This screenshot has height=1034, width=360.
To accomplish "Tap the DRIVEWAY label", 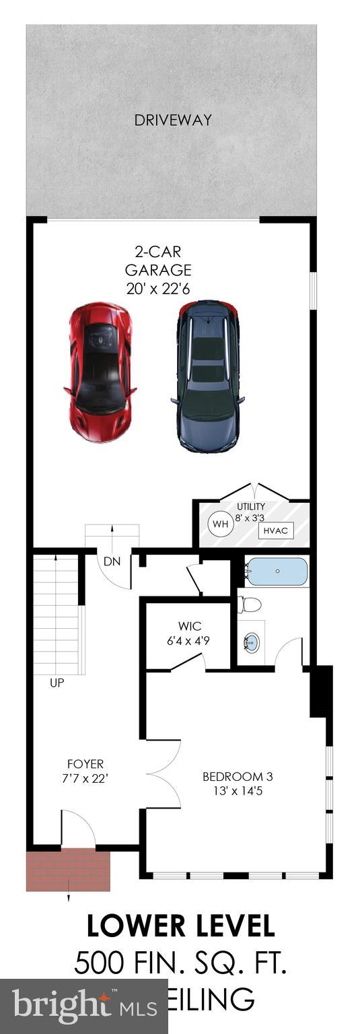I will click(173, 120).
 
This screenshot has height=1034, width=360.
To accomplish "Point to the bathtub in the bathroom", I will click(276, 573).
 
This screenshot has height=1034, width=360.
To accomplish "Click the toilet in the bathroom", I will click(250, 604).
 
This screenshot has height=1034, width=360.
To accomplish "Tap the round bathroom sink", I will click(251, 642).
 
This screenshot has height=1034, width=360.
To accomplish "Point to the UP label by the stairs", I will click(57, 683).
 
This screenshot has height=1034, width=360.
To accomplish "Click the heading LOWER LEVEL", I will click(180, 926).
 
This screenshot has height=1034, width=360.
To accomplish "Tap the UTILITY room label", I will click(250, 506).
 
